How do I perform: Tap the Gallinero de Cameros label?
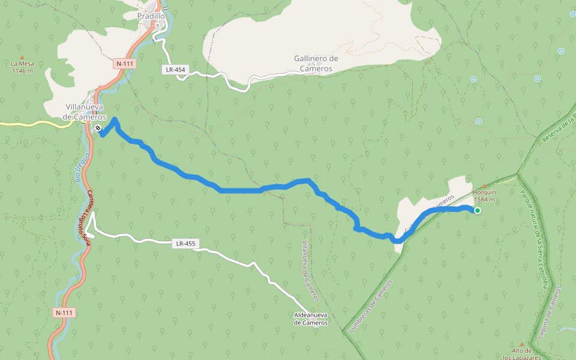pyautogui.click(x=316, y=64)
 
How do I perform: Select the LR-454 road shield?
pyautogui.click(x=176, y=70)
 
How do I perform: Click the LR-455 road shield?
pyautogui.click(x=186, y=244)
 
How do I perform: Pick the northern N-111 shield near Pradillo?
pyautogui.click(x=125, y=64)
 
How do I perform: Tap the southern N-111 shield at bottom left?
pyautogui.click(x=64, y=313)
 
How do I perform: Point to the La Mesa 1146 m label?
pyautogui.click(x=22, y=67)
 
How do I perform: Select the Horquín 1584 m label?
pyautogui.click(x=484, y=196)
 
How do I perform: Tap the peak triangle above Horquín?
pyautogui.click(x=485, y=187)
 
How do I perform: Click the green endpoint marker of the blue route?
pyautogui.click(x=478, y=211)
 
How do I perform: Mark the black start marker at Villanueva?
pyautogui.click(x=98, y=128)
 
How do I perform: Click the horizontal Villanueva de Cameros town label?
pyautogui.click(x=86, y=112)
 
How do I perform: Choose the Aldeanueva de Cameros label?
pyautogui.click(x=311, y=319)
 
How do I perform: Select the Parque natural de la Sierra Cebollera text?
pyautogui.click(x=534, y=240)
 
